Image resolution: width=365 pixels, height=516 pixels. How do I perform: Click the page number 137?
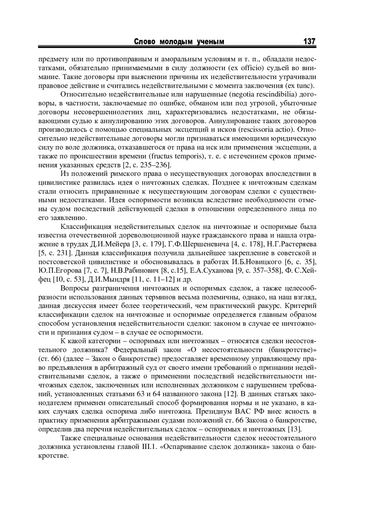tap(309, 41)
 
